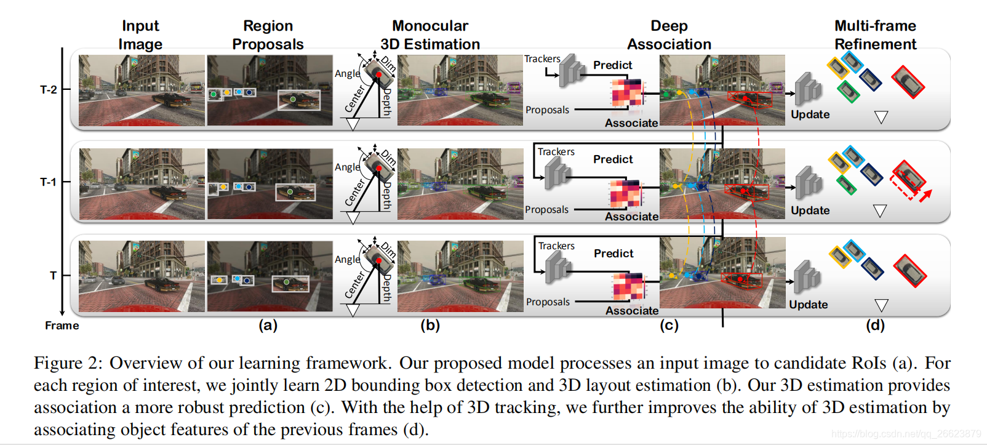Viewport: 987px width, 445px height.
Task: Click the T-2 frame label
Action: (48, 90)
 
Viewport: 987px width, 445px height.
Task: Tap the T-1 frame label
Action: (48, 182)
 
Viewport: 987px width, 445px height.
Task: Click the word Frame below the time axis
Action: (62, 326)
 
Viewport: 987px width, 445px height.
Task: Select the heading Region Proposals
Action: (268, 35)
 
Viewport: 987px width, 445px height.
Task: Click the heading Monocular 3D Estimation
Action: (430, 35)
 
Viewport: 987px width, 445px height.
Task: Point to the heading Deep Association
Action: (669, 35)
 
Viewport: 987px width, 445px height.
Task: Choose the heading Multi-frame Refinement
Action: (875, 35)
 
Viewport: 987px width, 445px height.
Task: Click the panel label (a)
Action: (268, 326)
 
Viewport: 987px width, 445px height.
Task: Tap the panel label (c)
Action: (669, 326)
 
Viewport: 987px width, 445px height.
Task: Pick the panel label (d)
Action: (875, 326)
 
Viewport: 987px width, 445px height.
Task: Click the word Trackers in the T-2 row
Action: (542, 59)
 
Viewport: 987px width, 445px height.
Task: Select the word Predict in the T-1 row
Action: (613, 159)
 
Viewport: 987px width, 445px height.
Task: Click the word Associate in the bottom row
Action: (632, 311)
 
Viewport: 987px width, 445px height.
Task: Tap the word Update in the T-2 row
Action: (810, 114)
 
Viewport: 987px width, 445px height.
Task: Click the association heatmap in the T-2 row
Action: (626, 93)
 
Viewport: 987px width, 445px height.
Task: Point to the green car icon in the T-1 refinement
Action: (847, 185)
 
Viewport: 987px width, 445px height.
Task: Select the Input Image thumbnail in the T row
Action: (142, 276)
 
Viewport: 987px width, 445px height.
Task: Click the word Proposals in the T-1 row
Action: (546, 210)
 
